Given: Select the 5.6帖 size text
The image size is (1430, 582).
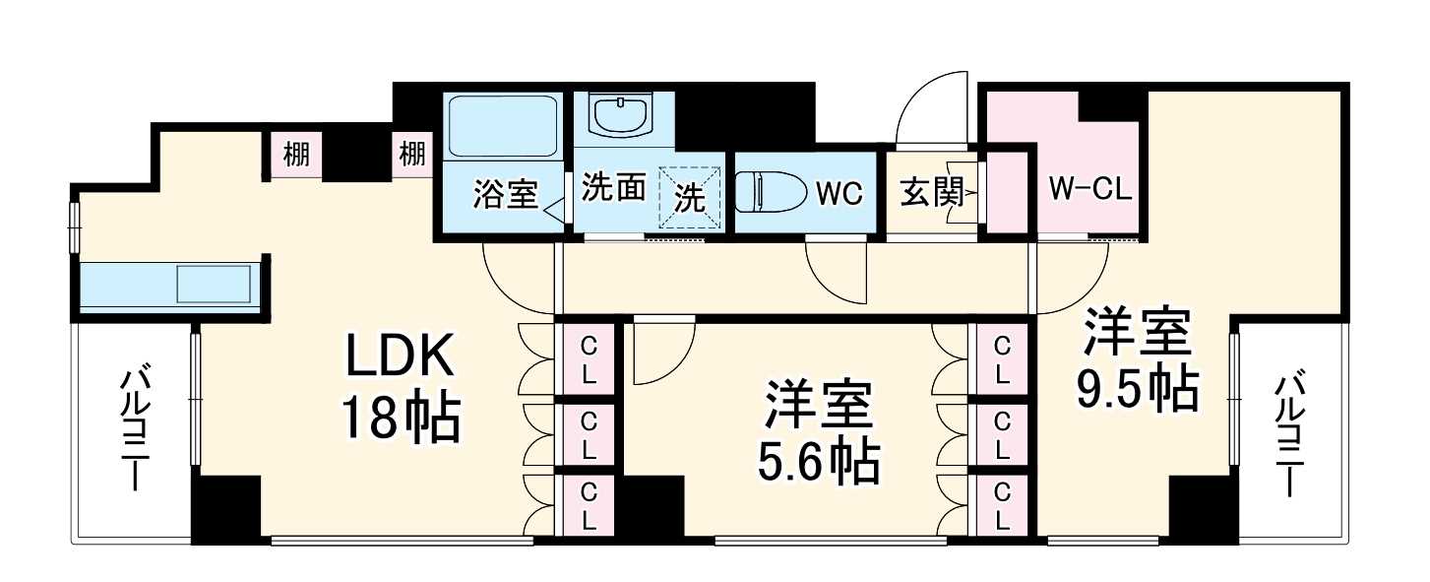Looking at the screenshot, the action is (x=819, y=461).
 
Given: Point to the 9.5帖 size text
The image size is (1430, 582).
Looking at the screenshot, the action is (x=1137, y=388).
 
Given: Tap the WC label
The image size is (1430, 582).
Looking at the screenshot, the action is (x=839, y=192).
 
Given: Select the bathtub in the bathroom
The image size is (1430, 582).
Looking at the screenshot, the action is (x=502, y=125).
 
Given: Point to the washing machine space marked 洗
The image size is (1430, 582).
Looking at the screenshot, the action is (x=690, y=197).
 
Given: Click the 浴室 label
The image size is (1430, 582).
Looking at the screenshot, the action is (x=506, y=193).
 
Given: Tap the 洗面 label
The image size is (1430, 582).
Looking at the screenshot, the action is (x=613, y=186).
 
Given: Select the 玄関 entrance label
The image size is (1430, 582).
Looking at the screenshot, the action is (x=931, y=191).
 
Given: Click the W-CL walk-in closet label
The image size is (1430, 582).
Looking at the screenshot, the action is (x=1090, y=188).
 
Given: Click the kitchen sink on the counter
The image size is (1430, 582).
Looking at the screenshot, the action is (x=214, y=284).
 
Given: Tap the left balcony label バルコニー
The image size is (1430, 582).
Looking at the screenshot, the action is (x=136, y=427).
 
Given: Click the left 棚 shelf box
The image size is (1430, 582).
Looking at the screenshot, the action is (x=295, y=156).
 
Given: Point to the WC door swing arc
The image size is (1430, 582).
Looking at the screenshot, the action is (x=824, y=283).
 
